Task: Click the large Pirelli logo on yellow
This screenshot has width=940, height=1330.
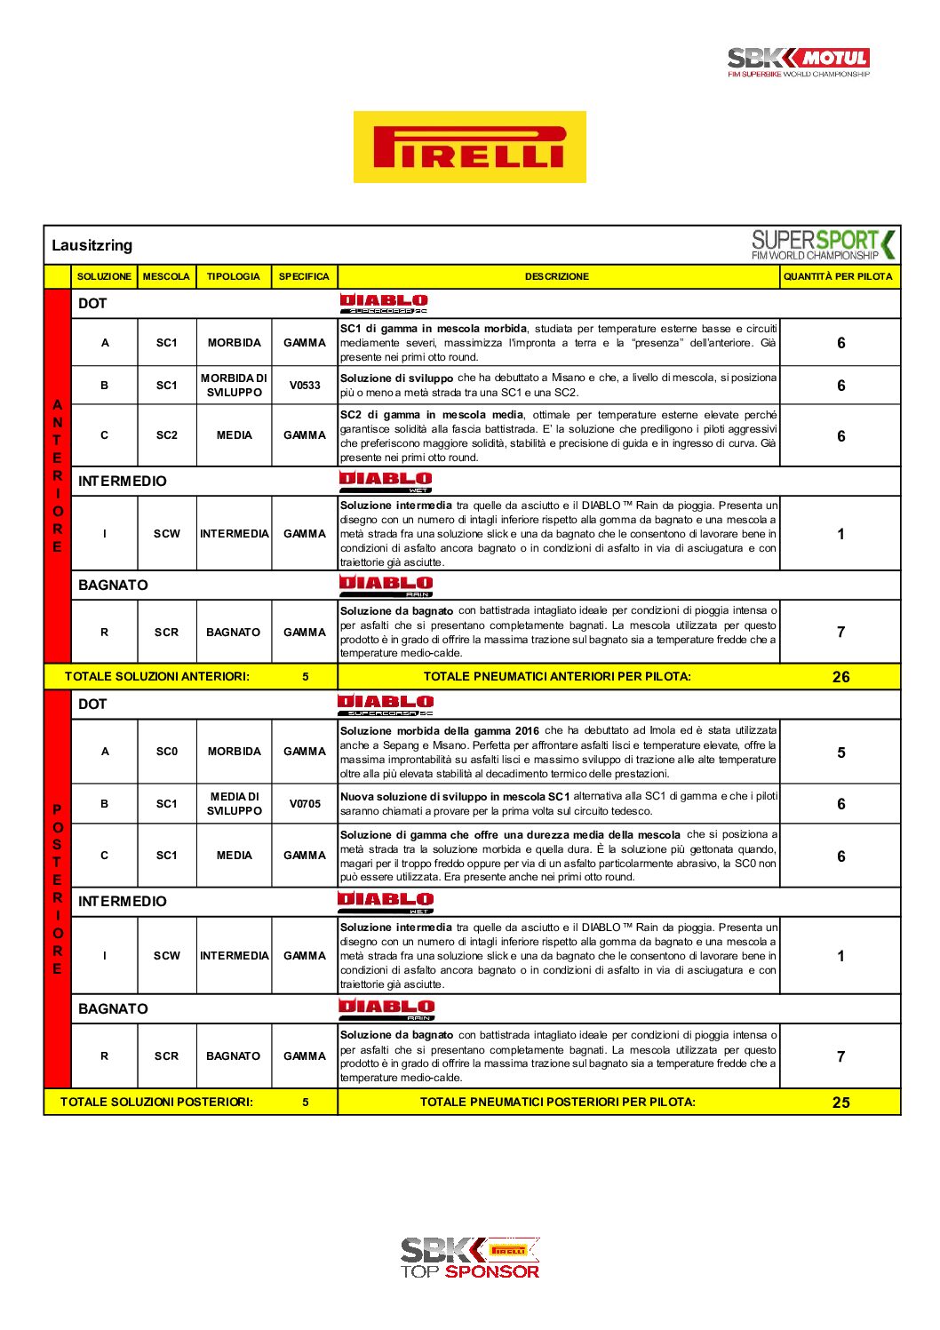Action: click(x=469, y=147)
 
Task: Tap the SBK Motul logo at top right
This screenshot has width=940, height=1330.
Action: click(x=798, y=61)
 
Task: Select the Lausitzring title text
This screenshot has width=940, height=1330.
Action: click(x=92, y=245)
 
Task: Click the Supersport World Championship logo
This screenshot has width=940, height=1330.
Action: click(x=823, y=244)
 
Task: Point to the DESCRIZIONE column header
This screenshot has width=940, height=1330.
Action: click(x=557, y=276)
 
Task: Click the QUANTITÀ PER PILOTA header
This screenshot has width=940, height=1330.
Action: click(x=838, y=276)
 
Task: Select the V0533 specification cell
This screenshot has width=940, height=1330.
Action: click(x=305, y=386)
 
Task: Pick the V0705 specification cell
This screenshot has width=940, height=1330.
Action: click(x=305, y=804)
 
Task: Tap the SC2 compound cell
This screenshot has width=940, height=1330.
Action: click(x=166, y=435)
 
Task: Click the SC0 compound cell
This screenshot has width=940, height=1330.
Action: click(x=166, y=752)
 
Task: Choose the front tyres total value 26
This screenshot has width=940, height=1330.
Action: click(x=840, y=677)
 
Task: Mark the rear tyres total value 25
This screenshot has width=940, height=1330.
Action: click(x=840, y=1103)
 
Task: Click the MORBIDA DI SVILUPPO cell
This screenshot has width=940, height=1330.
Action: click(x=234, y=386)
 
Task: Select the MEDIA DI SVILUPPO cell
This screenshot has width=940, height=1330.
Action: click(x=234, y=804)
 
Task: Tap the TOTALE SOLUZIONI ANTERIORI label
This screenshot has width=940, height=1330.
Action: click(x=157, y=677)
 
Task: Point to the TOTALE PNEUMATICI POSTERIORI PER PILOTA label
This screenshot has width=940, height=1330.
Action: click(x=557, y=1103)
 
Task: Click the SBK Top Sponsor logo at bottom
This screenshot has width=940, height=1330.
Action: click(x=469, y=1257)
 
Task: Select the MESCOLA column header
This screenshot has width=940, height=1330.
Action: click(x=166, y=276)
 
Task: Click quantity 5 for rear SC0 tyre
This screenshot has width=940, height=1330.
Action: click(x=840, y=753)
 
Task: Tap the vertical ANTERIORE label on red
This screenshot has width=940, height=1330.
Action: click(x=58, y=475)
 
